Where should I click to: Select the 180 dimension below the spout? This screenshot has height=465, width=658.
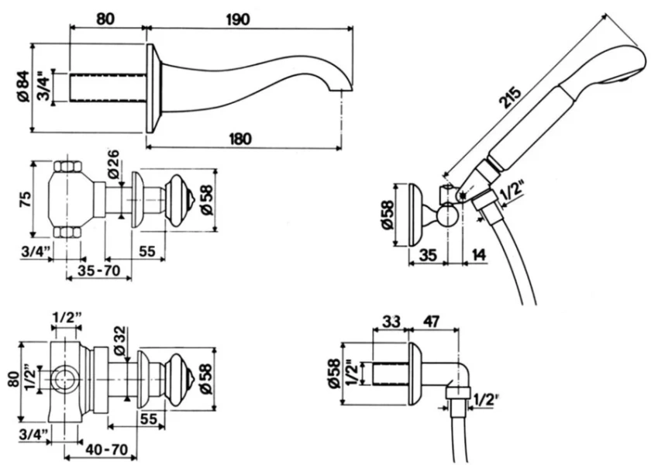coord(241,139)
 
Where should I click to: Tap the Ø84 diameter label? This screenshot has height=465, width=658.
coord(22,87)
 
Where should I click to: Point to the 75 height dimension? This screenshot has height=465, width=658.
coord(25,201)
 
